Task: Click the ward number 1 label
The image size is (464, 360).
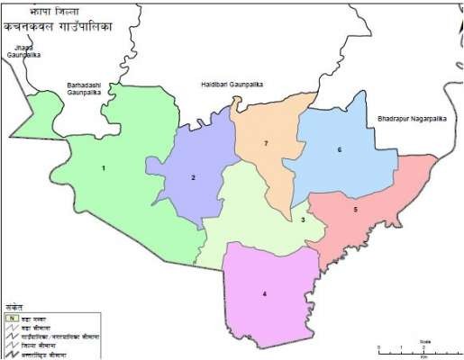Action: [x=104, y=168]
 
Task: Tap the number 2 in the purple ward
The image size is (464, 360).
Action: [x=193, y=178]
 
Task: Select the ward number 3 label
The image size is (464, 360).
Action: [x=304, y=220]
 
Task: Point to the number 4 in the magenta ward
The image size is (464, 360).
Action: [x=264, y=294]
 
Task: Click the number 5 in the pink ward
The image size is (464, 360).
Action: [x=356, y=210]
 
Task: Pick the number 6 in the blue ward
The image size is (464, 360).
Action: [x=340, y=149]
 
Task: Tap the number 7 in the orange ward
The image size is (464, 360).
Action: [x=266, y=144]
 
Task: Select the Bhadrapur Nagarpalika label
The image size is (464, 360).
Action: [x=412, y=117]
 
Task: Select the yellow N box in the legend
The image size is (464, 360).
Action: [x=11, y=318]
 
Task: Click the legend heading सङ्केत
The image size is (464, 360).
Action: [x=14, y=305]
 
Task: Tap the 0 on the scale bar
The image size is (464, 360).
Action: [x=379, y=346]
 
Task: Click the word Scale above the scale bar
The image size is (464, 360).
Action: [x=424, y=340]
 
